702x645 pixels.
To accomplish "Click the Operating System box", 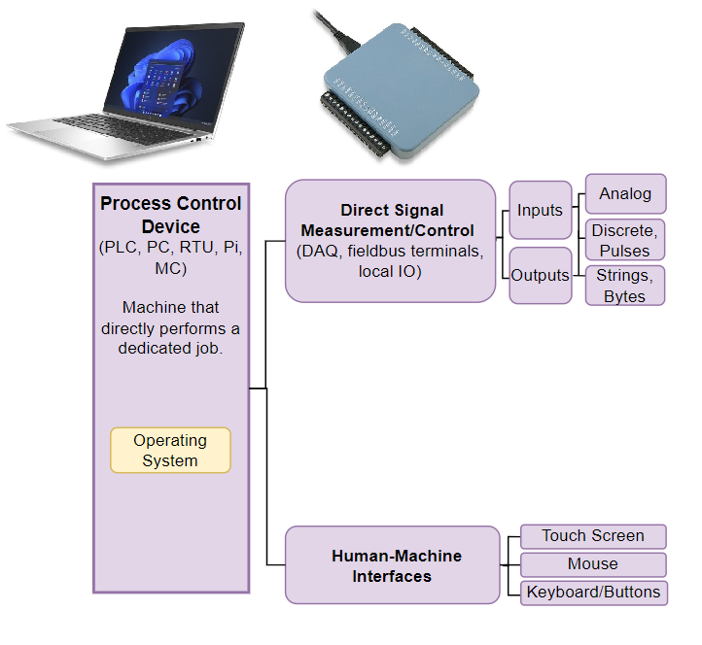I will point(170,451).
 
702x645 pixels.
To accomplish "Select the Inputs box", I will point(540,210).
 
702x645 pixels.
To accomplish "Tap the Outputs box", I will point(540,275).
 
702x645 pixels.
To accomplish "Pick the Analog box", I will point(625,193).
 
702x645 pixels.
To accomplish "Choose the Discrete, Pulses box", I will point(625,240).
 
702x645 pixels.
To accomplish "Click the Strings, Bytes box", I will point(625,286).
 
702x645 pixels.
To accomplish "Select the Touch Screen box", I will point(593,536).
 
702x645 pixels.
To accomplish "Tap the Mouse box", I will point(593,564).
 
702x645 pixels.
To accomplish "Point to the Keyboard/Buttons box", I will point(593,593).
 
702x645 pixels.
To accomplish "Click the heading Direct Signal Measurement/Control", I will point(391,221).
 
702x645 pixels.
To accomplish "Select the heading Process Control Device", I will point(171,215).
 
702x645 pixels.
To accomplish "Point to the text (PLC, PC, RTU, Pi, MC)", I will point(171,257).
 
